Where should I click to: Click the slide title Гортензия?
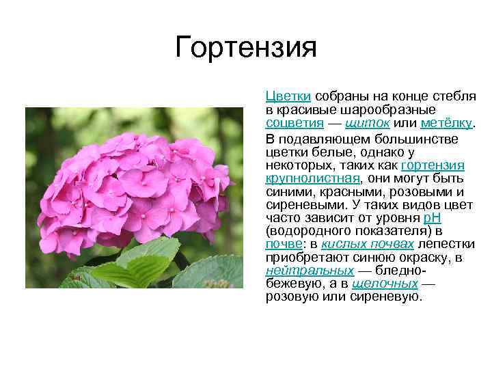coord(246,48)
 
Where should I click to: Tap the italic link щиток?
coord(368,122)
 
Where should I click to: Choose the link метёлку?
coord(446,122)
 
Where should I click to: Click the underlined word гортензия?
coord(433,166)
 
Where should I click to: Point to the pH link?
coord(433,218)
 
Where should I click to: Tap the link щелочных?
coord(385,284)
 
